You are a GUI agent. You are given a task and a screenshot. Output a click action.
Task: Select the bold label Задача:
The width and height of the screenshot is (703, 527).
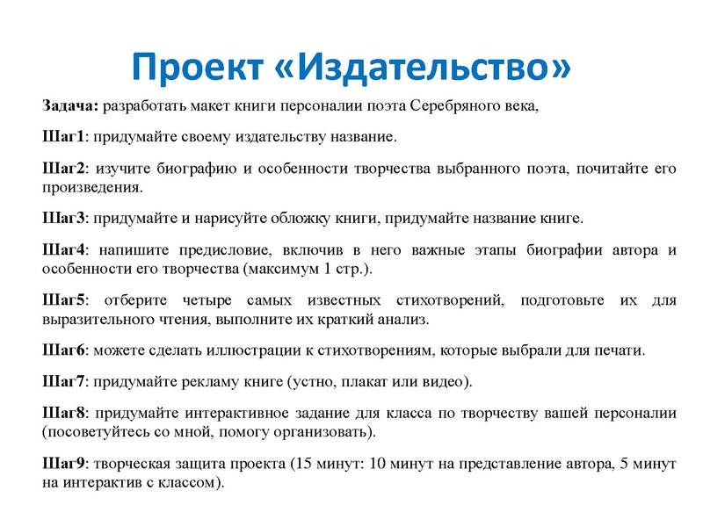click(70, 107)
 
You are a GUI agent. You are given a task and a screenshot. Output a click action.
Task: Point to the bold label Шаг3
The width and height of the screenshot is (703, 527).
click(62, 219)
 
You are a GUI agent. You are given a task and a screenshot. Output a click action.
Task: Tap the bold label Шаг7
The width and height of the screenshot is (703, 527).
click(62, 381)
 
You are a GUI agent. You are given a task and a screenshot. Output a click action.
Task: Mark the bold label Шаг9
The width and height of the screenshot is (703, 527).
click(62, 464)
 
